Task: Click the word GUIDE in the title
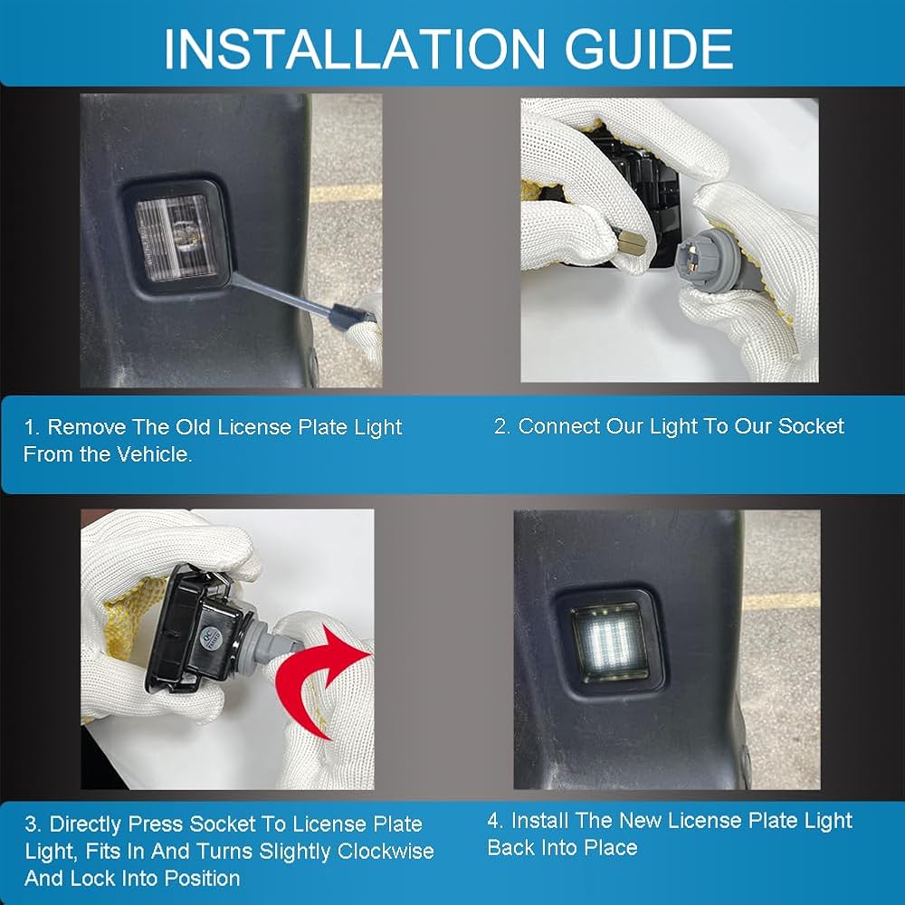(649, 49)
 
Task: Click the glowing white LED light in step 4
(609, 642)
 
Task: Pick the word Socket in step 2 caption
(811, 426)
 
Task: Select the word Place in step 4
(611, 847)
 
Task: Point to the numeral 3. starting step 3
(33, 824)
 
